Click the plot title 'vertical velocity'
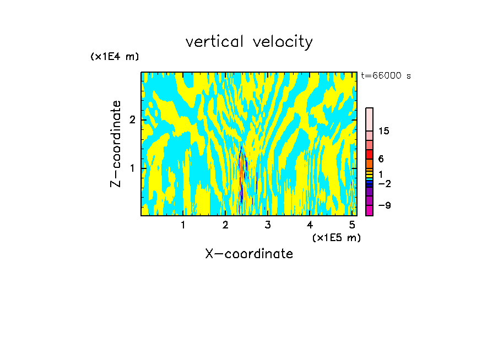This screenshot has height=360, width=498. coord(249,42)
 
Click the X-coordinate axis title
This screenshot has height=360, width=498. coord(249,254)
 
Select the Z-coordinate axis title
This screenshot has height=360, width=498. coord(116,144)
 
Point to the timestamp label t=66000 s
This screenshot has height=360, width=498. coord(386,76)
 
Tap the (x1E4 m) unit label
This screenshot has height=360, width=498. coord(115,57)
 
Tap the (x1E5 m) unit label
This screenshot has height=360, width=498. coord(336,237)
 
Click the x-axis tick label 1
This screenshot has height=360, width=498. coord(183,225)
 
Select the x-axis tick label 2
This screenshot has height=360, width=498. coord(225,225)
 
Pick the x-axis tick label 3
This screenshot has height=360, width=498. coord(267,225)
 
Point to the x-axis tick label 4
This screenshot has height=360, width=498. coord(310,225)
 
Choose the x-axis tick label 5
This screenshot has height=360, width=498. coord(352,225)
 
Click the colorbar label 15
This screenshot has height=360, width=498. coord(384,131)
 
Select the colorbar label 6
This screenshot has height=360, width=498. coord(381,159)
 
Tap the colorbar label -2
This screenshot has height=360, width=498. coord(384,184)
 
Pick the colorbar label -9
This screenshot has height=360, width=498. coord(384,206)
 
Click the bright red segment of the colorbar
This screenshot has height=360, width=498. coord(369,154)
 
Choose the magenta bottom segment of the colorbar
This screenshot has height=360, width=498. coord(369,210)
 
